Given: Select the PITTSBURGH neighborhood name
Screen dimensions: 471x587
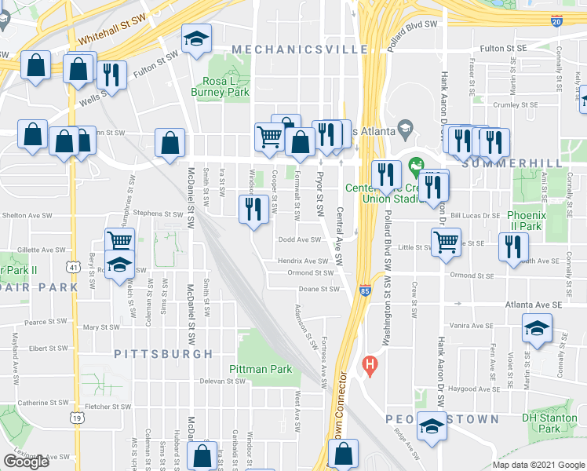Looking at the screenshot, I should click(x=163, y=354).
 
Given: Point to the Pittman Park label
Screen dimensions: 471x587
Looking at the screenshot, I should click(x=261, y=369).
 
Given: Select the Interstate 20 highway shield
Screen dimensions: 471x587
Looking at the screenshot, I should click(x=556, y=22).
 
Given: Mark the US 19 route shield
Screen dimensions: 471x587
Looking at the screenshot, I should click(x=77, y=418).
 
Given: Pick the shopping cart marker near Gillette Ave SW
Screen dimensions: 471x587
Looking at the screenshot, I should click(x=120, y=241).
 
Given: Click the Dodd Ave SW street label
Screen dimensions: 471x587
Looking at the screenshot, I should click(x=299, y=240).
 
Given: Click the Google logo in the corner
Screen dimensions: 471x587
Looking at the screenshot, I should click(x=26, y=462).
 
